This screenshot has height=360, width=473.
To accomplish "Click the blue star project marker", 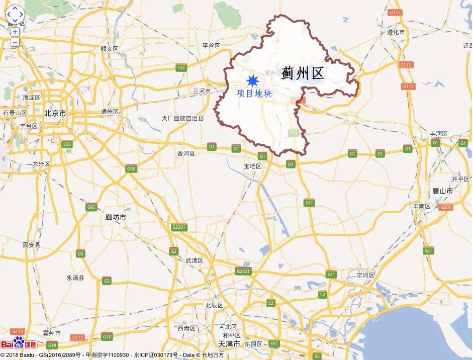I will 252,80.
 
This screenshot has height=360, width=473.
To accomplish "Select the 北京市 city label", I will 55,113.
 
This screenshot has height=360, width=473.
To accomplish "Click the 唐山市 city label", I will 442,191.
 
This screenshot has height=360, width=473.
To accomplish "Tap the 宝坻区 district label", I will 253,166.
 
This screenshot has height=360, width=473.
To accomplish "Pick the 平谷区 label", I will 211,46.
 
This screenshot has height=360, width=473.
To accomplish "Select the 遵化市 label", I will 396,32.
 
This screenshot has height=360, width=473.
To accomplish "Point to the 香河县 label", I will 185,153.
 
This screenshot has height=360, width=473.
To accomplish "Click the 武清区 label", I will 194,260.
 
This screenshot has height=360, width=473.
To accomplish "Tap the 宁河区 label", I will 365,275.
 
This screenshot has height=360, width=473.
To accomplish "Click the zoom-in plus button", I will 15,32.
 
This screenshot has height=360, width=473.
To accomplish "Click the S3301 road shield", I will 179,227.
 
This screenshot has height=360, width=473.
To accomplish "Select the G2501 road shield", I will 242,271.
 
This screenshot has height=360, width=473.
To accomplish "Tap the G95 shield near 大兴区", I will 131,169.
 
